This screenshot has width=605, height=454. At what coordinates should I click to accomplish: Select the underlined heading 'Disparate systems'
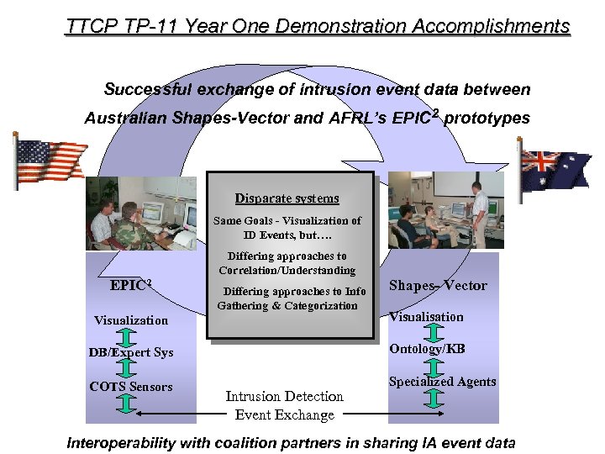click(x=287, y=198)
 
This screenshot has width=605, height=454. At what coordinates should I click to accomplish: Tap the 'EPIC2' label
click(x=130, y=285)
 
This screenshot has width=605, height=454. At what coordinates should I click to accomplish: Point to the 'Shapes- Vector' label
click(x=438, y=285)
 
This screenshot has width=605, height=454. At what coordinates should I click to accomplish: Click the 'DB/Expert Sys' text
click(x=131, y=352)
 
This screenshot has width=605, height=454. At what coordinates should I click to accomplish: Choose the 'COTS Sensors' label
click(x=131, y=387)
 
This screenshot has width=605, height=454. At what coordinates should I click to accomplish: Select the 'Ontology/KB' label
click(x=426, y=349)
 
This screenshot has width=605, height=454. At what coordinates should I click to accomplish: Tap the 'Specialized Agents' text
click(x=442, y=382)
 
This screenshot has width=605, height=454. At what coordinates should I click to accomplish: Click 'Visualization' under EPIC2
click(x=131, y=320)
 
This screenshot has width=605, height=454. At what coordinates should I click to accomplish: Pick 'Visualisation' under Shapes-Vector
click(x=426, y=317)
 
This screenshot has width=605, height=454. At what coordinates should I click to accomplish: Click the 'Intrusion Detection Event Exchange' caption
click(x=284, y=405)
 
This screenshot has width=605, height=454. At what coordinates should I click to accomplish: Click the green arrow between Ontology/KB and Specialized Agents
click(x=434, y=366)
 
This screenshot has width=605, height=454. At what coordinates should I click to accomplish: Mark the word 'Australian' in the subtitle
click(x=125, y=119)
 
